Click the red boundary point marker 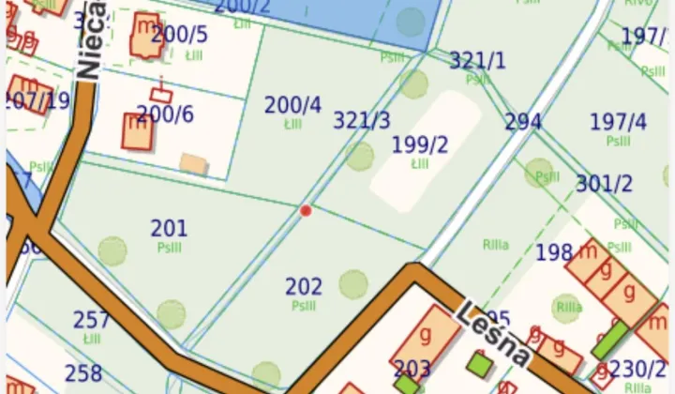point(306,211)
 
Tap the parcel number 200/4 point(292,105)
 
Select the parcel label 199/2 point(420,144)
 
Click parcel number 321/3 point(362,120)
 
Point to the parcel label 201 point(169,228)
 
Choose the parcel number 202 point(304,286)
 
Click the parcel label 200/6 point(165,114)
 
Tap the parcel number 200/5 point(179,35)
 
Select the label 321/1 point(477,61)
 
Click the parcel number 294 point(523,122)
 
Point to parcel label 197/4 point(618,122)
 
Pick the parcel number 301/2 point(605,184)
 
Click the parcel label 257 point(92,320)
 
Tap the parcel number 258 point(83,372)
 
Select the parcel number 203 point(412,369)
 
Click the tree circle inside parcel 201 point(112,250)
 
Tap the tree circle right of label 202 point(353,283)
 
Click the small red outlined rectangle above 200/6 point(161,94)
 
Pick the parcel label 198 point(554,252)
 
